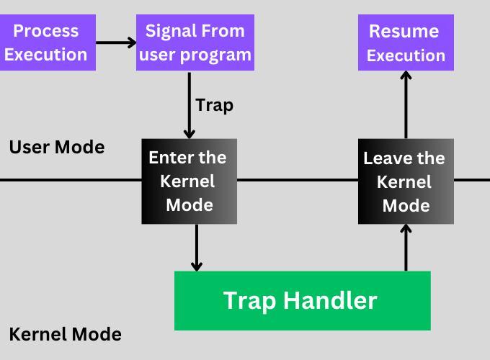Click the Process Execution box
coord(46,42)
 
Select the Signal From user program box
coord(195,42)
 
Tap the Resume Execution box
coord(406,42)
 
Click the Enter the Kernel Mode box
coord(189,181)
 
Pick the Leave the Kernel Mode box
coord(406,181)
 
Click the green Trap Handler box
coord(302,300)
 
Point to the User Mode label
coord(57,148)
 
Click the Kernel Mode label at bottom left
coord(65,334)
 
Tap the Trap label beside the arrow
coord(215,105)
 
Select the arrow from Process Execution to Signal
coord(115,42)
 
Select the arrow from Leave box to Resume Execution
coord(406,104)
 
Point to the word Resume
coord(404,31)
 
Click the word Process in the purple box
coord(46,31)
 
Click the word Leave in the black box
coord(386,158)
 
